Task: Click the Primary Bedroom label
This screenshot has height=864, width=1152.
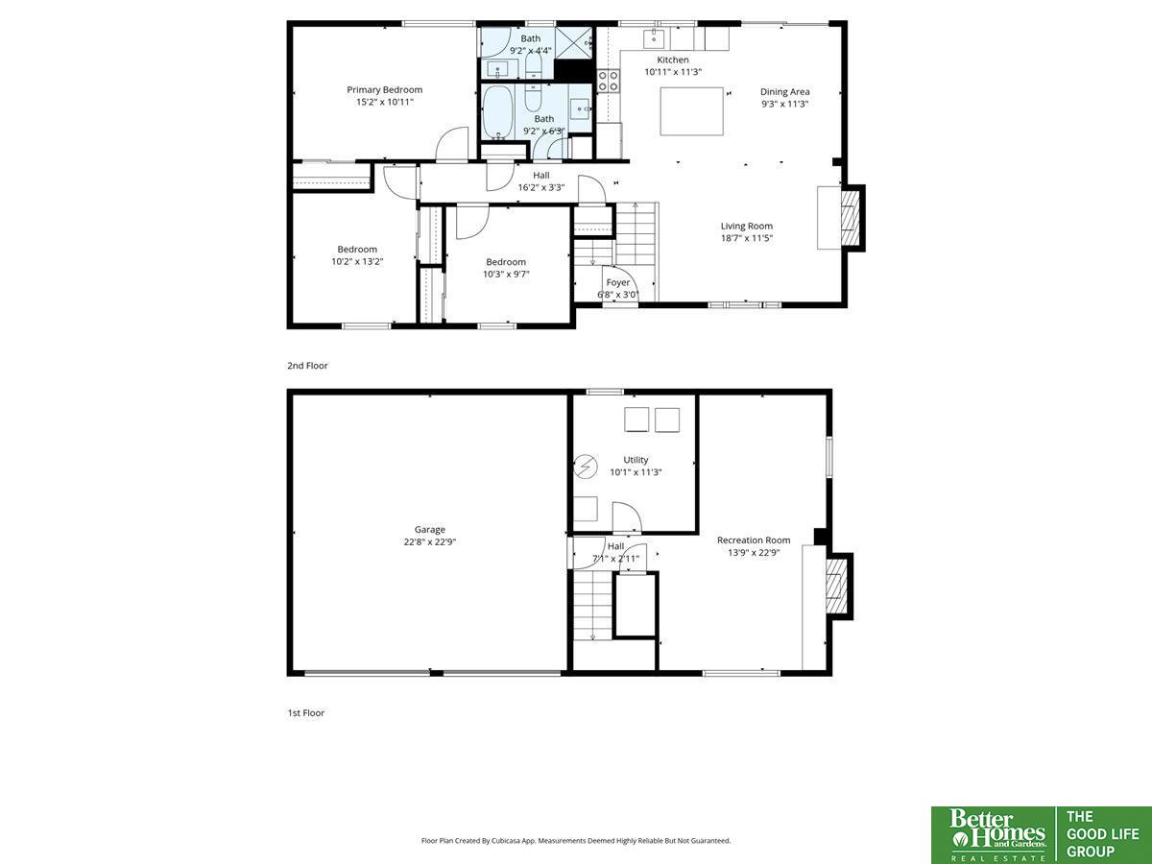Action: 384,89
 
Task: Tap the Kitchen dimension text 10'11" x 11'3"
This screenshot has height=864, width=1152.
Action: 673,72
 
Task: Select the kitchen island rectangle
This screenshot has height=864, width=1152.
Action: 692,111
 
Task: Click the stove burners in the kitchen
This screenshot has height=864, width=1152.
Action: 609,82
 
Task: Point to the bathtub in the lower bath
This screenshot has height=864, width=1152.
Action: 498,112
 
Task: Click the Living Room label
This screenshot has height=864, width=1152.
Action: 746,227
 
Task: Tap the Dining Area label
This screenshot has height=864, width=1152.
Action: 784,92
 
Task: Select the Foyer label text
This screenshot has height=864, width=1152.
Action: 617,282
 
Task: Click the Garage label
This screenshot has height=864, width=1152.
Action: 429,530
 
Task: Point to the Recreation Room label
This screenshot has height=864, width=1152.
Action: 754,540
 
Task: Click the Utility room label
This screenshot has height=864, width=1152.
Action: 636,460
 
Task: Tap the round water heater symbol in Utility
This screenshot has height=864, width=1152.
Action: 586,467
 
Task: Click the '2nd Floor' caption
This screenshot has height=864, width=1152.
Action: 307,366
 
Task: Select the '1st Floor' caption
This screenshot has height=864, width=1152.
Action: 305,713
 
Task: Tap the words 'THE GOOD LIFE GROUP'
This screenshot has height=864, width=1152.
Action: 1102,834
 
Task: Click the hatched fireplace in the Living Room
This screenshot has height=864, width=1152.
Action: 851,218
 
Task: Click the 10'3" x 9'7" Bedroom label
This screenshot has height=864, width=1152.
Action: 506,268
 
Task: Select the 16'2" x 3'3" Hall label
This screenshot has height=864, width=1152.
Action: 541,181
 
